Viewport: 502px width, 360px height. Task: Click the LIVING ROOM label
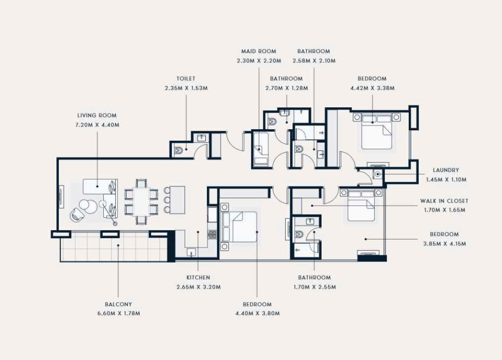coord(97,115)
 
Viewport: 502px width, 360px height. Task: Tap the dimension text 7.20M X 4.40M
coord(97,125)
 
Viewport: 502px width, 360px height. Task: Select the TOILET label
coord(186,78)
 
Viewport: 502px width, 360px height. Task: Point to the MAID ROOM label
coord(259,51)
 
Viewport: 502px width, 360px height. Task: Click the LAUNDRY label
coord(446,170)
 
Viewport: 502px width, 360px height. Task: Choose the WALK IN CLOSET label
coord(444,201)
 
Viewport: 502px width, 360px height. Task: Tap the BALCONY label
coord(118,304)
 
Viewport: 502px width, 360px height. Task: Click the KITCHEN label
coord(198,278)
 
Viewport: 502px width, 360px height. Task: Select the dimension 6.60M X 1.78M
coord(119,313)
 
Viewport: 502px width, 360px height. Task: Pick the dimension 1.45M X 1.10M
coord(446,180)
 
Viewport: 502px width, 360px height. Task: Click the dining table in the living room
coord(141,202)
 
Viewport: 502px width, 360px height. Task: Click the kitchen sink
coord(192,252)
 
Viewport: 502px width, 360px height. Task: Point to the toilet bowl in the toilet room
coord(178,150)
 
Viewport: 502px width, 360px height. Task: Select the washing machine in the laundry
coord(378,174)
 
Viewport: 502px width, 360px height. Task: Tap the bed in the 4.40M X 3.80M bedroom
coord(239,227)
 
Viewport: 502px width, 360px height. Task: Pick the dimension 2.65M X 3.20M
coord(199,287)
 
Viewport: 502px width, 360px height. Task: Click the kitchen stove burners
coord(212,235)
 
